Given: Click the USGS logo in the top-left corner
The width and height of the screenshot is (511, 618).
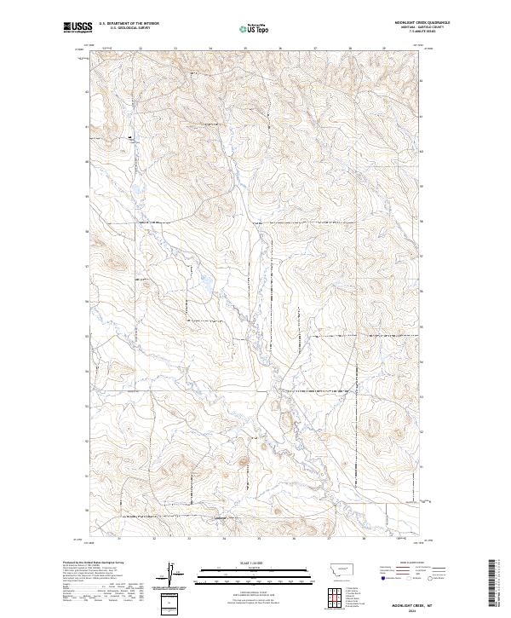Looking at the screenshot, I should pos(78,28).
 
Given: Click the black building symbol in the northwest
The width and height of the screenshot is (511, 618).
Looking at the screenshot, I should pos(130,136).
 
